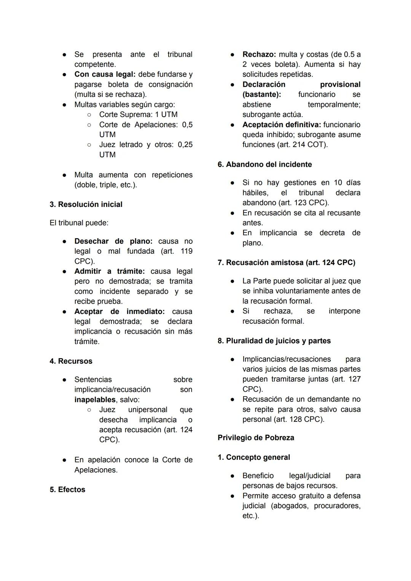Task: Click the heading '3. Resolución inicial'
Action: click(86, 205)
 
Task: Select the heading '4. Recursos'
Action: click(71, 361)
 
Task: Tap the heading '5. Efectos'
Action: click(67, 490)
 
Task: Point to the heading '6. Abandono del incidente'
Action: click(264, 165)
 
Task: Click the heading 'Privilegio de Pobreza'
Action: click(256, 438)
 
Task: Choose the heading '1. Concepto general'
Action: click(254, 458)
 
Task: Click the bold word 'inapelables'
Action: click(95, 400)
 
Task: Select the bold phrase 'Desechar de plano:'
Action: click(113, 241)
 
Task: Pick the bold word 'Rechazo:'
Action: click(259, 54)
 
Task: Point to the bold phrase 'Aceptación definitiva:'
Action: click(282, 125)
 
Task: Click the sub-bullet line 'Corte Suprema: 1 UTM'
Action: click(138, 115)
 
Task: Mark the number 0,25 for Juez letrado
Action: click(185, 145)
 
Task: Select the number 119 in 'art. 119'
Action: click(185, 251)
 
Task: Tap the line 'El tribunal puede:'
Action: click(79, 223)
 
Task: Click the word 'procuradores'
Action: click(337, 506)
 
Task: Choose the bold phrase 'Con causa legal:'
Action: click(105, 74)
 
